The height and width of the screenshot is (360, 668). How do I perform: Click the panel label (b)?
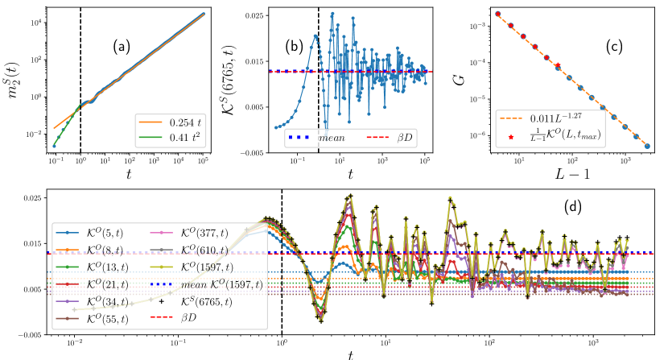click(x=295, y=47)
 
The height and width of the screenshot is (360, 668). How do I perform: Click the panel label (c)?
click(x=614, y=47)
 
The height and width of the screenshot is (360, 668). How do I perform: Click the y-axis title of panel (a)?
click(x=11, y=79)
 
